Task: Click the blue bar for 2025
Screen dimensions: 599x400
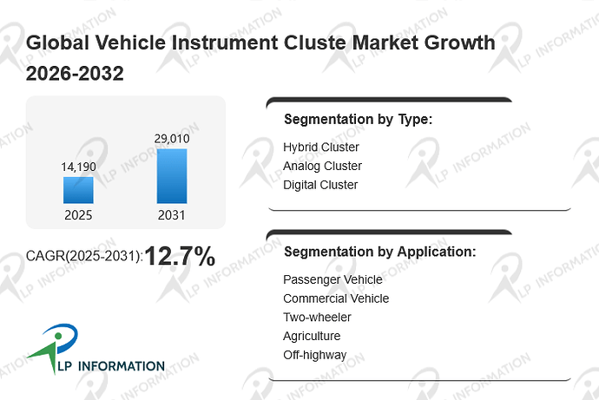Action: click(x=78, y=190)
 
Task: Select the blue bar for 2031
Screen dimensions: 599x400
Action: click(x=172, y=176)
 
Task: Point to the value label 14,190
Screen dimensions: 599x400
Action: click(x=79, y=167)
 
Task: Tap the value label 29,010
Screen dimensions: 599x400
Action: click(x=172, y=139)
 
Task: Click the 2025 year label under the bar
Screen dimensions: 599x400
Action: click(x=78, y=215)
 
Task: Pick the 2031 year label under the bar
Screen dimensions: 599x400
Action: click(x=172, y=215)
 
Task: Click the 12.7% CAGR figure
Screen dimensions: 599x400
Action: click(x=180, y=256)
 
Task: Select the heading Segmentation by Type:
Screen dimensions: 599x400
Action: click(x=358, y=120)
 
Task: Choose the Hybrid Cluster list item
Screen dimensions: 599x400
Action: click(x=321, y=147)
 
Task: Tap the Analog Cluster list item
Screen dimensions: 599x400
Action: click(x=322, y=166)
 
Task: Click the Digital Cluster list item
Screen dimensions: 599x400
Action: click(x=320, y=185)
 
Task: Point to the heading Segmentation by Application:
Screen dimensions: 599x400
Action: click(x=379, y=252)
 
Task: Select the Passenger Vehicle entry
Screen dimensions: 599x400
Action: click(x=332, y=279)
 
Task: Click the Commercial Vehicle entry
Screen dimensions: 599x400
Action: click(x=336, y=298)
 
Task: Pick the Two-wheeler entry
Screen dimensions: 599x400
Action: click(x=317, y=318)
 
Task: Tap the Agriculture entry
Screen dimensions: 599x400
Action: click(x=312, y=337)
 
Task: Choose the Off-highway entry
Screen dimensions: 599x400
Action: click(x=315, y=355)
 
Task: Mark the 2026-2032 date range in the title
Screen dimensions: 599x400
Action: click(x=75, y=73)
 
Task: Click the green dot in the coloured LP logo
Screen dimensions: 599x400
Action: click(x=58, y=336)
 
